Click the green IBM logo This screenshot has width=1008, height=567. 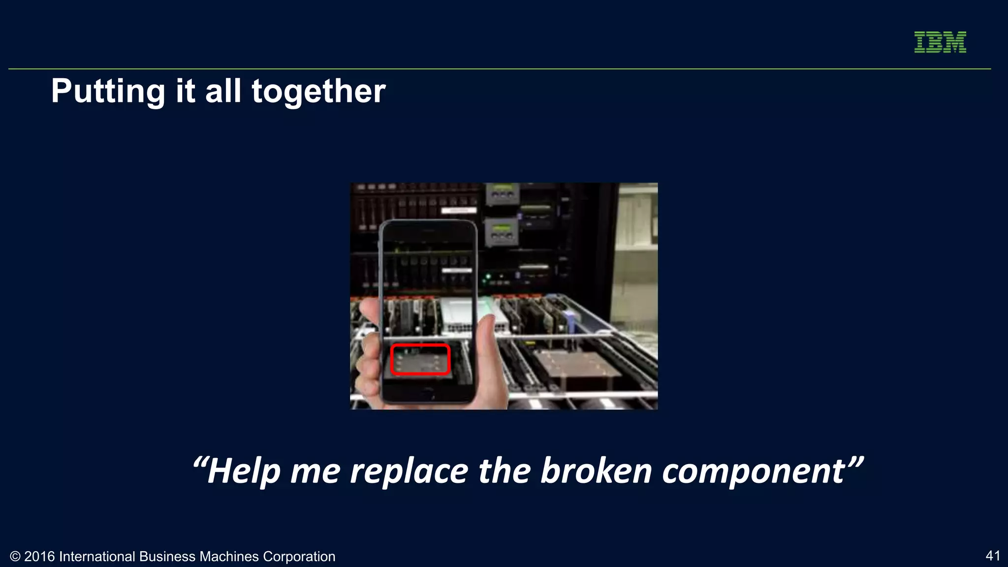(940, 42)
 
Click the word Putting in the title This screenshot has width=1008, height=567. (108, 92)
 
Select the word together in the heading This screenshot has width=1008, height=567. (318, 92)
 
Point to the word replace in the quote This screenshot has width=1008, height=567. (408, 471)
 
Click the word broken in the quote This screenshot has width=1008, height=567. (596, 471)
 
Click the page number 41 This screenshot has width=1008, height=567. (993, 556)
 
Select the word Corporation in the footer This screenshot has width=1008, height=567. (299, 557)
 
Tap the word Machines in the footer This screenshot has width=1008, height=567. (229, 557)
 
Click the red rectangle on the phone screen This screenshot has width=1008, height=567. (420, 360)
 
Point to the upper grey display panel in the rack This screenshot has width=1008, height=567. (502, 193)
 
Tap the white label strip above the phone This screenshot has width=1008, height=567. (458, 211)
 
